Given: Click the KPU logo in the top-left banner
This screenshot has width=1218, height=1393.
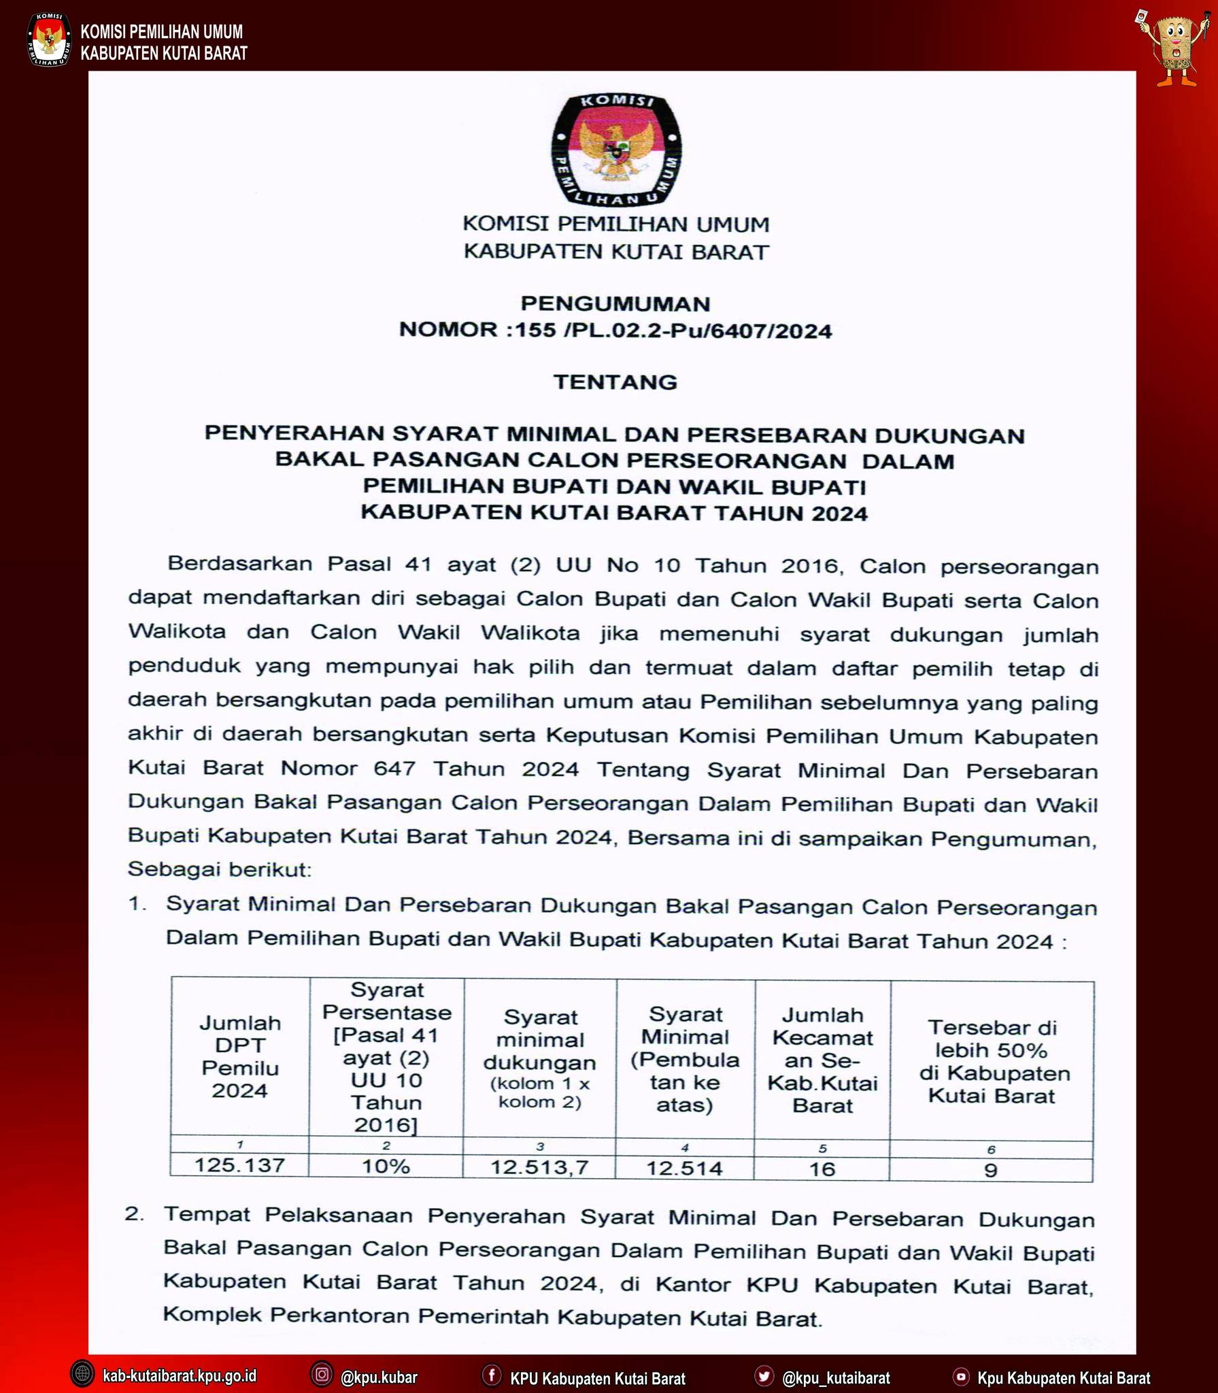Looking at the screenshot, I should tap(48, 40).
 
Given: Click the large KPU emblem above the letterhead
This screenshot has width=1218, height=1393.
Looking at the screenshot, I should tap(616, 149).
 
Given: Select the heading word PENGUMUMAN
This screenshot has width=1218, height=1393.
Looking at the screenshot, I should tap(615, 303).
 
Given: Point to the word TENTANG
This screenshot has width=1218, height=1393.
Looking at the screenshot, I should tap(615, 382).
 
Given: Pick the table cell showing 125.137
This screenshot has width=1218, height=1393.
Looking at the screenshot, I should tap(239, 1165).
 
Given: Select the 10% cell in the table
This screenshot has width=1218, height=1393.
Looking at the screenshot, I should tap(386, 1166).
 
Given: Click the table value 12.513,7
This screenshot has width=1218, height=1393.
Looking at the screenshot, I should tap(539, 1167).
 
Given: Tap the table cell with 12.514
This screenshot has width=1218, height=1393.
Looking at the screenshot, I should tap(684, 1168).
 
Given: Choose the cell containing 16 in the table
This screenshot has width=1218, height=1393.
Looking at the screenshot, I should tap(822, 1169).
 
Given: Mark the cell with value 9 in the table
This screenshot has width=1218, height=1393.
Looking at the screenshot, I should tap(991, 1170).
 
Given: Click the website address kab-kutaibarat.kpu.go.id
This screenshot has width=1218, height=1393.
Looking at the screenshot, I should tap(180, 1376).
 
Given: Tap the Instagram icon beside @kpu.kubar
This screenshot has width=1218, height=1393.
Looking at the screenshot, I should tap(322, 1375).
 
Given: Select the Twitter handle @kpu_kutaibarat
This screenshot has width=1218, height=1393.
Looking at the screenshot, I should tap(836, 1377).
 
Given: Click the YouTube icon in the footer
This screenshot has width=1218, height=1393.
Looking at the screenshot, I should tap(961, 1377).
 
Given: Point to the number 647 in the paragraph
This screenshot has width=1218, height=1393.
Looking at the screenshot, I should tap(394, 769).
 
